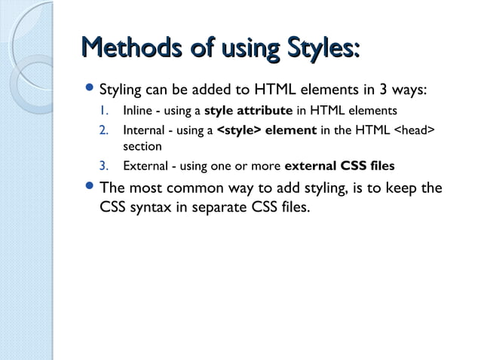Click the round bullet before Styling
click(90, 90)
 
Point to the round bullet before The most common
click(90, 188)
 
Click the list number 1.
click(103, 114)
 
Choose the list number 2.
click(104, 133)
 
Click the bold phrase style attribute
click(248, 114)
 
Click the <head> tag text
click(408, 133)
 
